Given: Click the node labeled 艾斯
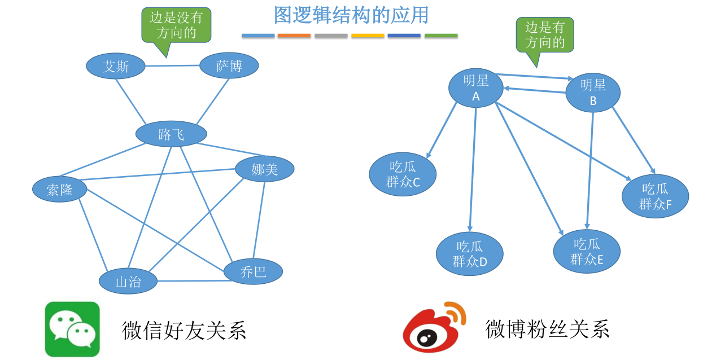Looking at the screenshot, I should point(116,67).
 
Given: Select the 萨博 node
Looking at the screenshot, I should point(229,66).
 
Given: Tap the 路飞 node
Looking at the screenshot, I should point(171,134).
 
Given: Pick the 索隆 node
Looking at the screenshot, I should point(60,190).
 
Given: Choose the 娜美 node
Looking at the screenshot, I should point(264,169).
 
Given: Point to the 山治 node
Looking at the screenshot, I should point(128,281).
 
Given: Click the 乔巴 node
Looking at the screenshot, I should point(253,271).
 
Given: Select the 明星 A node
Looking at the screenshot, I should point(475,88).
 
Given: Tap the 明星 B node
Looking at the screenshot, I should point(593,93).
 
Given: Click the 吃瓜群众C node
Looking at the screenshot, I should point(403,174).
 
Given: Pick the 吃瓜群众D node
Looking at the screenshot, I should point(469,254).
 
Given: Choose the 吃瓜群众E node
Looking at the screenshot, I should point(587,252).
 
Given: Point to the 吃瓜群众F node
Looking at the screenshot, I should point(655,196).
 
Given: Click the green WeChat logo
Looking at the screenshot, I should point(72,329).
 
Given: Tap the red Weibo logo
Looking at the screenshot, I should point(432,328).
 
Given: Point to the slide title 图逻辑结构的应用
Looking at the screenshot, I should point(351,15).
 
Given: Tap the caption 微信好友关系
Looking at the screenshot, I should point(184,330).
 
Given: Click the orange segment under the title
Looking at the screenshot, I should point(294,36).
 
